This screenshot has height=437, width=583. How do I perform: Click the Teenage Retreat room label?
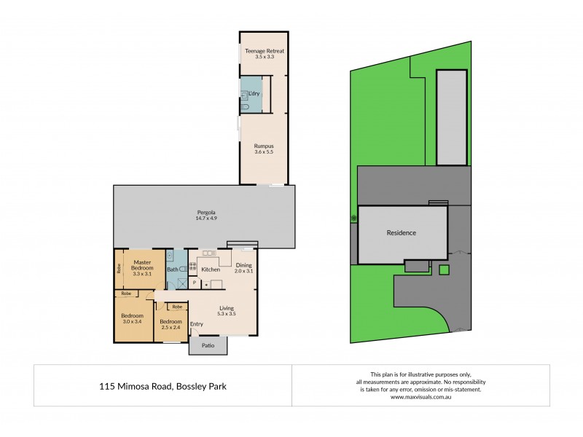[264, 51]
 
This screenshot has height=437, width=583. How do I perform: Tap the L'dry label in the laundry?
[254, 94]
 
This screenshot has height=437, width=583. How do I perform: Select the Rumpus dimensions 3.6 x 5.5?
[263, 151]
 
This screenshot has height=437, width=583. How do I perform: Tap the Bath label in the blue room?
[173, 269]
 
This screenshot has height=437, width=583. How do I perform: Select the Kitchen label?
[211, 269]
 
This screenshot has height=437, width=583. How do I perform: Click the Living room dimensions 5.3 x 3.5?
[227, 314]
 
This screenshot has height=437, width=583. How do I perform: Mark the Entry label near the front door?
[197, 324]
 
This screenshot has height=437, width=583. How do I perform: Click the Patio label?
[208, 346]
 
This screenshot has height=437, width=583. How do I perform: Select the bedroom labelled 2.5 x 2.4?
[171, 326]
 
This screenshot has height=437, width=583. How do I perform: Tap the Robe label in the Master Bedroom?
[118, 267]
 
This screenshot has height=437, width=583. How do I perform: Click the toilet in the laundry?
[246, 106]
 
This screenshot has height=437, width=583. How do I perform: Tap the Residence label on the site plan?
[401, 233]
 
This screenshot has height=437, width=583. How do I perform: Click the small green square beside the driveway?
[445, 270]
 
